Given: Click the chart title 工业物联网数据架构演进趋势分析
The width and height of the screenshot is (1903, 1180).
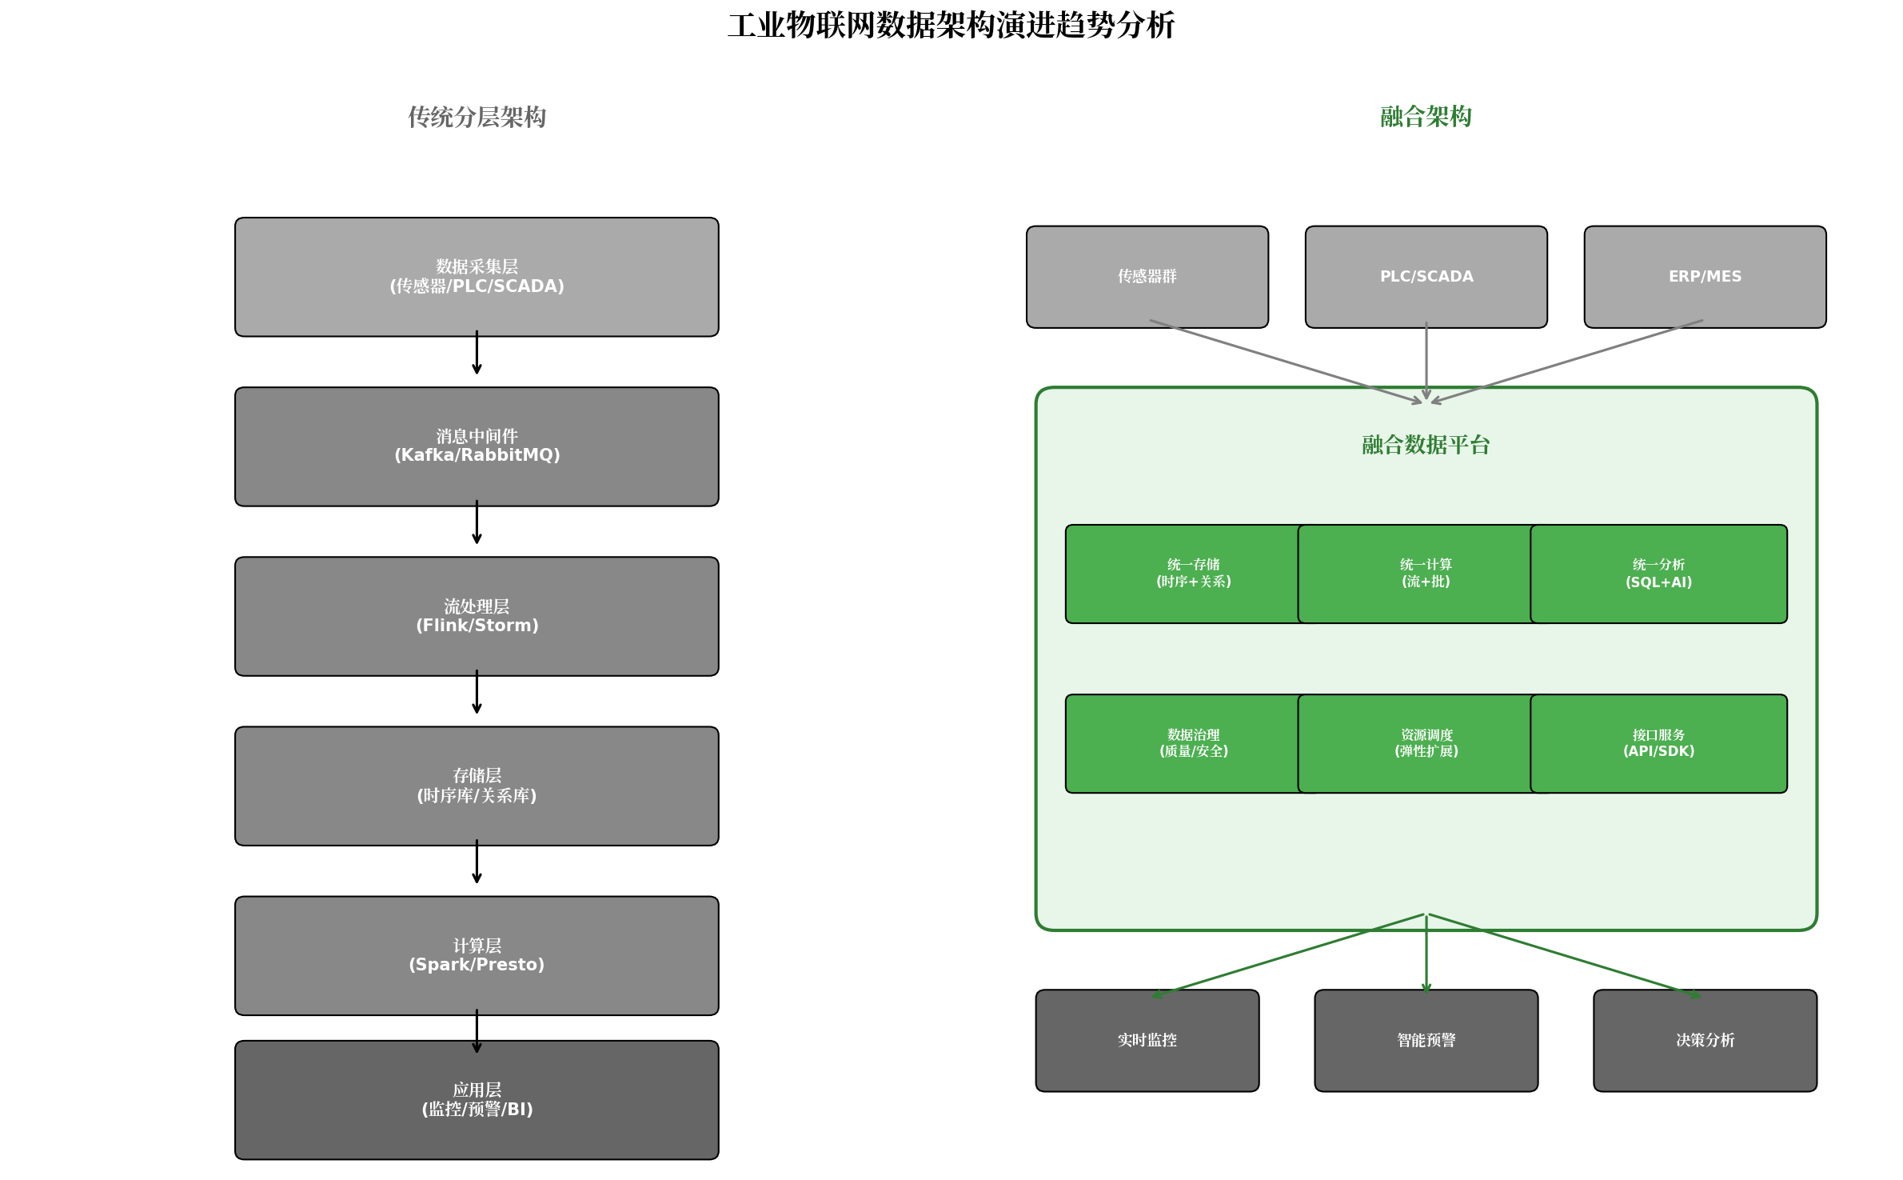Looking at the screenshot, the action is coord(951,26).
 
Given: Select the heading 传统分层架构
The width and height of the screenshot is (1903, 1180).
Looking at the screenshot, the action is coord(477,117).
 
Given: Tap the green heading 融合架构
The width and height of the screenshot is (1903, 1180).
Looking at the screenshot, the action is coord(1426,117).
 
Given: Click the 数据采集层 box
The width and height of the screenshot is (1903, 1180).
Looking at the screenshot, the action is coord(477,277).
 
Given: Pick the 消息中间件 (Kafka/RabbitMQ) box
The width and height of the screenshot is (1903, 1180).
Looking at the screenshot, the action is coord(477,446).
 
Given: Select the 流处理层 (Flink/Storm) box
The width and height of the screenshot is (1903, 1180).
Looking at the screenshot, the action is coord(477,616).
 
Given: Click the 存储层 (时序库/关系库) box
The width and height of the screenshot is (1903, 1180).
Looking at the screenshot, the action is coord(477,786).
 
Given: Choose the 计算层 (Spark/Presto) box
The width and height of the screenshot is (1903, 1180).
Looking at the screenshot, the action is coord(477,955).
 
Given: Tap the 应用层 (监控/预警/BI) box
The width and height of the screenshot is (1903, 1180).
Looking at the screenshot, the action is coord(477,1100).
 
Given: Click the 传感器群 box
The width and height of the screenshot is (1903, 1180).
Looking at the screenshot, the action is coord(1147,277).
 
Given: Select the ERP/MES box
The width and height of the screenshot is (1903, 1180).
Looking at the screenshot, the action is coord(1705,277).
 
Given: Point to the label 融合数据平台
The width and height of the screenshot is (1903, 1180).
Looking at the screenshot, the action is coord(1426,445).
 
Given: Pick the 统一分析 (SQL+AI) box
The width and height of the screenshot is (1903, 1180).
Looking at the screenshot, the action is coord(1658,574).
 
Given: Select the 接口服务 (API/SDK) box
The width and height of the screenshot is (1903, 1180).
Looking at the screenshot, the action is coord(1658,743).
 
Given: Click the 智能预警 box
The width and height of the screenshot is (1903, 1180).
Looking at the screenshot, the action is coord(1426,1040).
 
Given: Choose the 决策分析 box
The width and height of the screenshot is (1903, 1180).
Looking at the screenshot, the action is coord(1705,1040).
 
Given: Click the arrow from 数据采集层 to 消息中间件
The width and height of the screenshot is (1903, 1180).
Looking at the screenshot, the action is coord(477,352).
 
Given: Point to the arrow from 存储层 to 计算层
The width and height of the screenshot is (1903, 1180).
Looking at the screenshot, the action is coord(477,862).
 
